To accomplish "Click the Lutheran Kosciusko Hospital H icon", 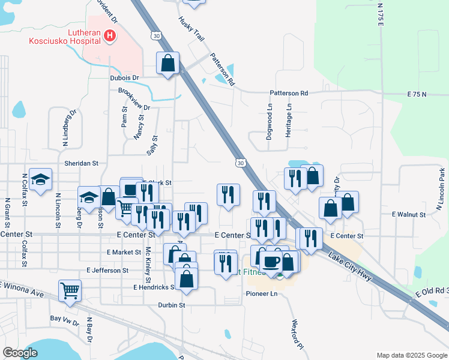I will click(109, 37).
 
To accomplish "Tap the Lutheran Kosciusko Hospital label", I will click(65, 37).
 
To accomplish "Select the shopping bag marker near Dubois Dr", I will click(168, 62).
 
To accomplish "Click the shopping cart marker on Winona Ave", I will click(70, 291).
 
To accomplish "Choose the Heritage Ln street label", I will click(289, 120).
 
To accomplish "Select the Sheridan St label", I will click(81, 163).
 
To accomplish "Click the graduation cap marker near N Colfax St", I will click(40, 179).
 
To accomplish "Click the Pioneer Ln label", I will click(262, 294).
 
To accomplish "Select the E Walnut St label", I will click(408, 214).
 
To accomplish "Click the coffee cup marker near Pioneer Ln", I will click(271, 262).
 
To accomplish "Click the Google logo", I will click(20, 353).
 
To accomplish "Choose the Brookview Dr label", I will click(134, 100).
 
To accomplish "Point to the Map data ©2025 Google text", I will click(411, 355).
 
